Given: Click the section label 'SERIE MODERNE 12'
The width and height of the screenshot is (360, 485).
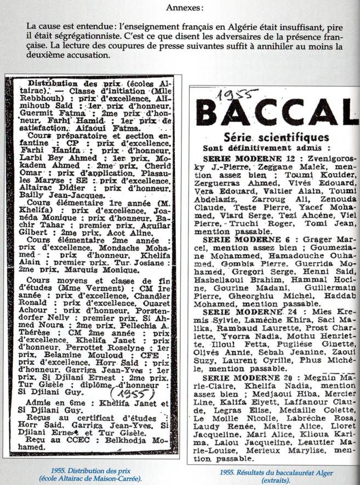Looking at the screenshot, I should tap(240, 159).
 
